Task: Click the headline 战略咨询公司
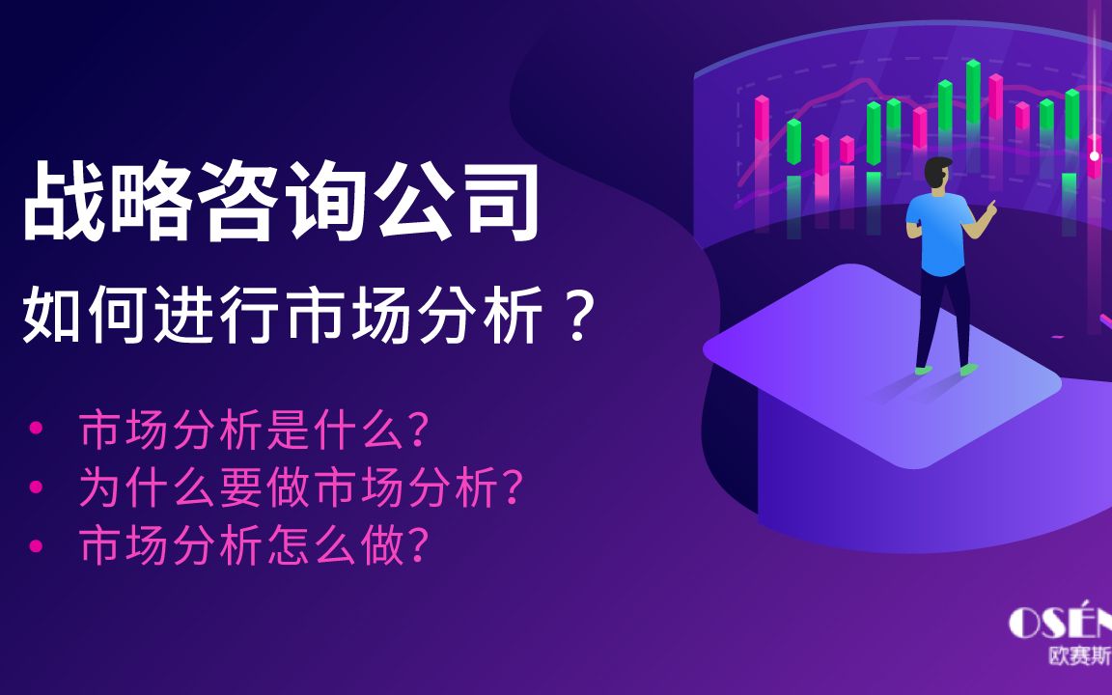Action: click(282, 201)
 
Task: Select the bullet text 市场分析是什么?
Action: click(253, 430)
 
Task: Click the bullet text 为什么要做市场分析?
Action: click(300, 487)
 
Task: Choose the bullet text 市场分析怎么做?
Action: click(253, 544)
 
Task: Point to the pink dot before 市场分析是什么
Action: click(36, 429)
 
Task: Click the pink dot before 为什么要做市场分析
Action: click(36, 486)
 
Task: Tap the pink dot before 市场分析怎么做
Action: click(36, 545)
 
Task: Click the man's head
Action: click(938, 174)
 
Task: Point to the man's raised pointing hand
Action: click(990, 208)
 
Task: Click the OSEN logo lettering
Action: click(1060, 622)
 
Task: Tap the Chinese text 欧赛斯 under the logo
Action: click(1080, 656)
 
